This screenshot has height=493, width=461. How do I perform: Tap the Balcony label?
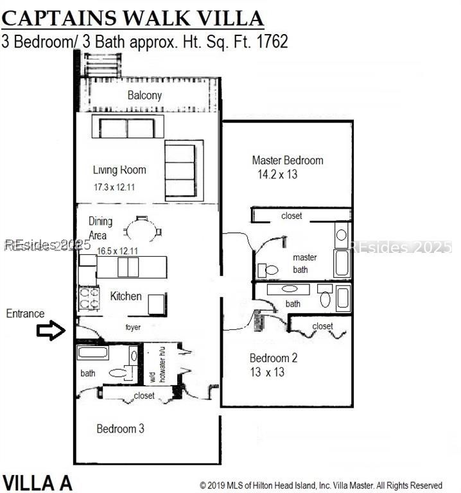pyautogui.click(x=144, y=96)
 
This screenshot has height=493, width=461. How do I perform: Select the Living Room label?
pyautogui.click(x=119, y=170)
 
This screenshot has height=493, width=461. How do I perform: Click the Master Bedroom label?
pyautogui.click(x=287, y=160)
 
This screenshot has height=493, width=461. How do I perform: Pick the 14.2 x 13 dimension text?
pyautogui.click(x=277, y=175)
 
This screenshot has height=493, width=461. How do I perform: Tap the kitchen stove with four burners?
pyautogui.click(x=89, y=298)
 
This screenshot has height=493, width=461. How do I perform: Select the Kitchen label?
pyautogui.click(x=126, y=296)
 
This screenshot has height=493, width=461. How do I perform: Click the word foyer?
pyautogui.click(x=133, y=327)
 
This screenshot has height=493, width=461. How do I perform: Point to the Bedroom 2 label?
pyautogui.click(x=274, y=358)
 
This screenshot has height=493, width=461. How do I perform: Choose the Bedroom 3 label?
pyautogui.click(x=120, y=429)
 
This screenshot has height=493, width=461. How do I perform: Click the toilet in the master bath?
pyautogui.click(x=270, y=270)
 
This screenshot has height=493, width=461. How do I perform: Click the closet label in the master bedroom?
pyautogui.click(x=291, y=216)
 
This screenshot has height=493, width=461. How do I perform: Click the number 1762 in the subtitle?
pyautogui.click(x=272, y=42)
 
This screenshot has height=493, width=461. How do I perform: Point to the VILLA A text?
pyautogui.click(x=38, y=482)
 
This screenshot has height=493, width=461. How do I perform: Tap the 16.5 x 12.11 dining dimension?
pyautogui.click(x=117, y=250)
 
